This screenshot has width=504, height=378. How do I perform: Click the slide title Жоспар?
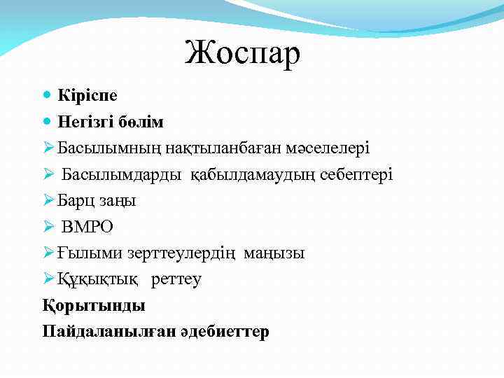[x=242, y=53]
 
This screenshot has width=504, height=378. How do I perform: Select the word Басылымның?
[x=102, y=148]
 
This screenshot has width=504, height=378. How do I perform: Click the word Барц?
[x=78, y=201]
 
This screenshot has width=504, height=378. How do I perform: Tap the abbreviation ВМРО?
[x=87, y=227]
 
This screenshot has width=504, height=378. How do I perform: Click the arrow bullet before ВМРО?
[x=48, y=227]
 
